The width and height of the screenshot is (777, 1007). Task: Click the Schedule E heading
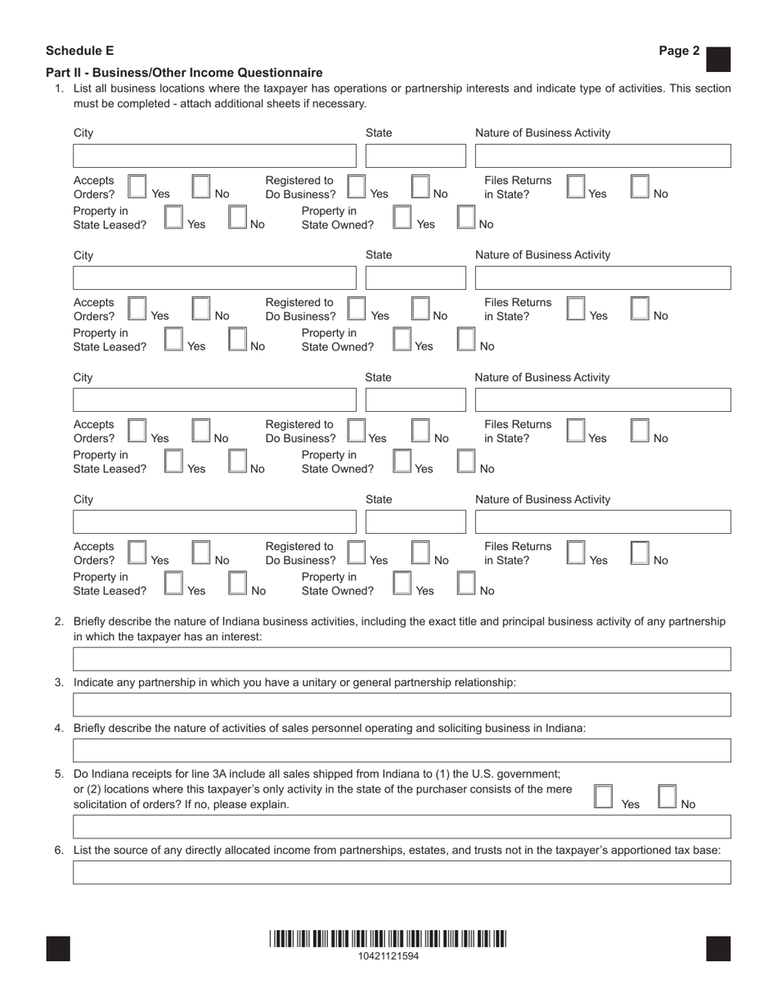(x=79, y=51)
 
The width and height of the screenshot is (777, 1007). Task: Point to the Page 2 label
(x=679, y=51)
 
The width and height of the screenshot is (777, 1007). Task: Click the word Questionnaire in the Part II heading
(x=279, y=73)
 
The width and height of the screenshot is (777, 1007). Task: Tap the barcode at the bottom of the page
(x=388, y=939)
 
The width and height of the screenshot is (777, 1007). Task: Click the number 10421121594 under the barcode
(x=388, y=955)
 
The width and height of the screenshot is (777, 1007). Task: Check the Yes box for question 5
(x=603, y=797)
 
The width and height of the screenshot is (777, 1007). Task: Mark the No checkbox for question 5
(x=667, y=797)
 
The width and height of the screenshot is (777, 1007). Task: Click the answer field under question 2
(x=402, y=659)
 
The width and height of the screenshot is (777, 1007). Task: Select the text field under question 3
(x=402, y=705)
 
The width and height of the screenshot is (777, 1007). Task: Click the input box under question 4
(x=402, y=751)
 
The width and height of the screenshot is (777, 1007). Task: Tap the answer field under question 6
(x=402, y=872)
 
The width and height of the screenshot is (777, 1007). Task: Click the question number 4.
(x=59, y=728)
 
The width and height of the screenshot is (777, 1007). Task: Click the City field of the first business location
(x=215, y=156)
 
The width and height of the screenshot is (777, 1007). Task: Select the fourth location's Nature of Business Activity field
(x=603, y=522)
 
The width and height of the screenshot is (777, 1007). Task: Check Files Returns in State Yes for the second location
(x=576, y=309)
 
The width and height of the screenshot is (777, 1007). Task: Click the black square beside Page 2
(x=717, y=59)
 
